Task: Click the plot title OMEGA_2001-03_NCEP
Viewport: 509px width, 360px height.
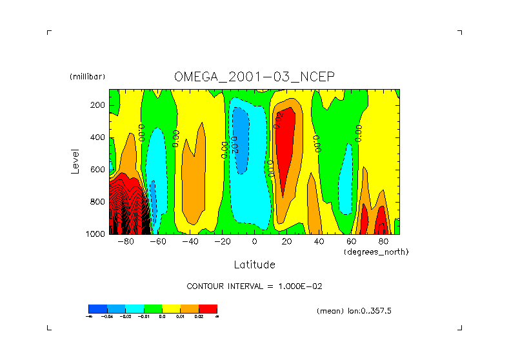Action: [254, 77]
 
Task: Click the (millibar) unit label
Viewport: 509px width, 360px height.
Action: [86, 77]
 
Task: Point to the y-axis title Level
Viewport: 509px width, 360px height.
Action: [75, 161]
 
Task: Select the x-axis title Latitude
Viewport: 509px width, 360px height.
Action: [254, 265]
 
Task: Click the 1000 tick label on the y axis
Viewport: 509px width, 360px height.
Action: [95, 234]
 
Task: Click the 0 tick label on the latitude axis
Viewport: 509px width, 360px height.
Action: [254, 242]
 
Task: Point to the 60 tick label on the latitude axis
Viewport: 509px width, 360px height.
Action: [351, 242]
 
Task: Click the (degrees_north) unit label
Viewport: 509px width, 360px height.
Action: [376, 252]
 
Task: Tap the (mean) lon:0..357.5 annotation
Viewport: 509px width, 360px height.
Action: [354, 311]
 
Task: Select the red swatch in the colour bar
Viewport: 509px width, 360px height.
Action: [208, 308]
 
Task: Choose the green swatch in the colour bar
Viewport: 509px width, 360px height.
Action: [152, 308]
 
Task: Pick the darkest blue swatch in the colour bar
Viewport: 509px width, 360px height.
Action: [97, 308]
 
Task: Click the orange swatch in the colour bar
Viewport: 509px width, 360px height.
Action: [189, 308]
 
